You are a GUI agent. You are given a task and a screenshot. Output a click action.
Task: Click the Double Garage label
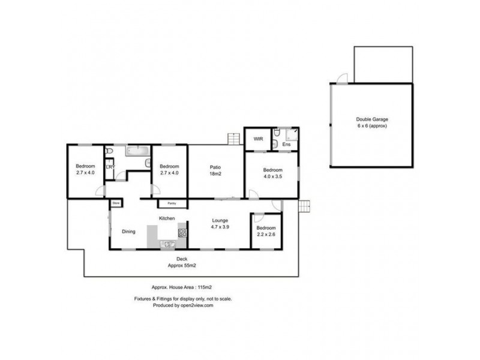coord(371,120)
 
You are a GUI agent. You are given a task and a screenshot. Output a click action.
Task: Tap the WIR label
coord(259,139)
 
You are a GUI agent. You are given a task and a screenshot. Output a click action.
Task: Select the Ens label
coord(287,145)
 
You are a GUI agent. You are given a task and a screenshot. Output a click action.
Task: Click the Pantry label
coord(171,203)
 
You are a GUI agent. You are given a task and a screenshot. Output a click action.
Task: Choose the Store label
coord(115,203)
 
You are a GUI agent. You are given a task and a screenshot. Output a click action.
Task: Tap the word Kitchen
coord(166,218)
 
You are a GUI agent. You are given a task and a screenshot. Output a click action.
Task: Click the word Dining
coord(129,232)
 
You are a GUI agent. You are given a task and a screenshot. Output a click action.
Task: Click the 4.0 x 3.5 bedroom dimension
coord(273,177)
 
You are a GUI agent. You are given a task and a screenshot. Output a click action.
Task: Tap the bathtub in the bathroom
coord(138,152)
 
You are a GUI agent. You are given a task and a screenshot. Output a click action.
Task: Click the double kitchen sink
coord(166,244)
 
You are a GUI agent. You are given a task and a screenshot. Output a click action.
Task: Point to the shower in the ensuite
coord(292,135)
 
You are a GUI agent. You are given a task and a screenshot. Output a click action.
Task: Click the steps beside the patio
coord(233,139)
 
